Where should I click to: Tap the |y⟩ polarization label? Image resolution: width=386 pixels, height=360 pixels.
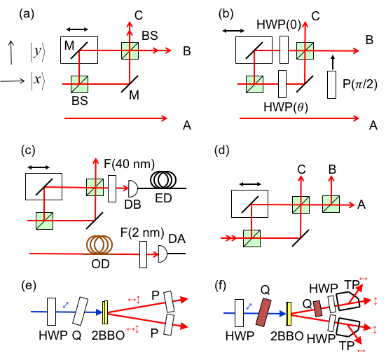point(36,52)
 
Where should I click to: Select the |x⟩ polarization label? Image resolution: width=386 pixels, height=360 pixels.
point(38,81)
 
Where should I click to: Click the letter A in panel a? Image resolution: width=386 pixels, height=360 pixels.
point(186,125)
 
